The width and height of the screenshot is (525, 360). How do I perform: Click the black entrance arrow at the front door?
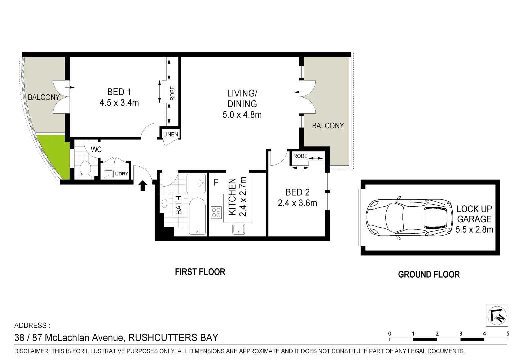coord(143,186)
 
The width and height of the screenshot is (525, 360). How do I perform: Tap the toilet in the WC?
coord(86,169)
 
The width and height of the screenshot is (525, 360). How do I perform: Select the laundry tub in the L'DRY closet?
coord(108,174)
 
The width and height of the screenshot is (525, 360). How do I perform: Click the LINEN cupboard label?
coord(170,134)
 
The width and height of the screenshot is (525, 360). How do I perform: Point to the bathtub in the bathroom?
coord(197,216)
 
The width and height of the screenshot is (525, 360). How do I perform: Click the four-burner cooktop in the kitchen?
coord(216,212)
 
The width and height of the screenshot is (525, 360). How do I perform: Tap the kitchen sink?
coord(239,229)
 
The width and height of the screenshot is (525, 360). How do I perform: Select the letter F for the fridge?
coord(216,183)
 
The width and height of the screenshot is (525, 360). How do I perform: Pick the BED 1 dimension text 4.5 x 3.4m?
coord(119,103)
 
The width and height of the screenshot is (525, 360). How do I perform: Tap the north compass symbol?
coord(497,315)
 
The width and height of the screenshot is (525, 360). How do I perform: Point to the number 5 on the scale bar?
coord(508,333)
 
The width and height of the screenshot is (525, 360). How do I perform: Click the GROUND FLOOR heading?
coord(429,274)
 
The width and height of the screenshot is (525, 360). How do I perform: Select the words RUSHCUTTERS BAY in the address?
coord(173,338)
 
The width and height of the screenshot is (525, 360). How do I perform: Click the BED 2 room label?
coord(297,192)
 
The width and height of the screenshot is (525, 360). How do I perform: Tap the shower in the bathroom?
coord(196,183)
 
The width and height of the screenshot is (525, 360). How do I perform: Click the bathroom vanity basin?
coord(165,203)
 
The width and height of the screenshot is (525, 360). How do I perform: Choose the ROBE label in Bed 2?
coord(300,156)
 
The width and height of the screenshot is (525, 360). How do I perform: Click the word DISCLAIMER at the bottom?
coord(31,351)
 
